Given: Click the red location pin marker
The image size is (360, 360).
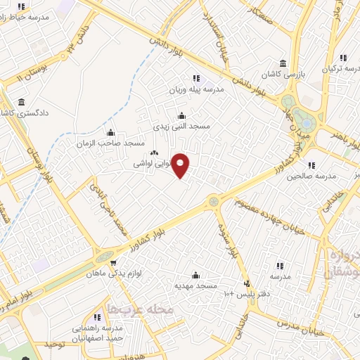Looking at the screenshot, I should pyautogui.click(x=181, y=165).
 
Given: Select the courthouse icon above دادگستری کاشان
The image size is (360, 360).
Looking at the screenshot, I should pyautogui.click(x=20, y=103).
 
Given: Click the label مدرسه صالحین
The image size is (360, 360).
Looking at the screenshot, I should pyautogui.click(x=309, y=176).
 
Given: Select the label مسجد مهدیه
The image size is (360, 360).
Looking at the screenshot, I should pyautogui.click(x=196, y=285).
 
